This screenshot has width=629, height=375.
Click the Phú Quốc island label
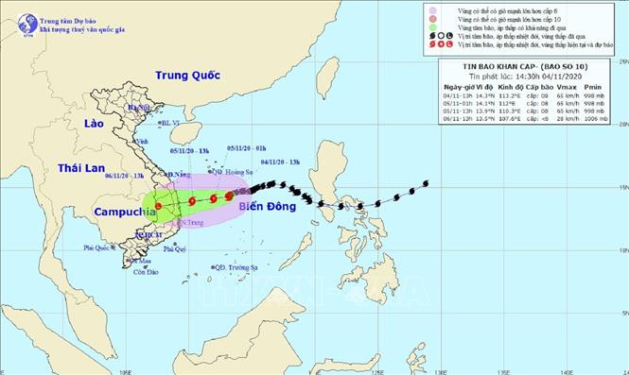click(97, 247)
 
